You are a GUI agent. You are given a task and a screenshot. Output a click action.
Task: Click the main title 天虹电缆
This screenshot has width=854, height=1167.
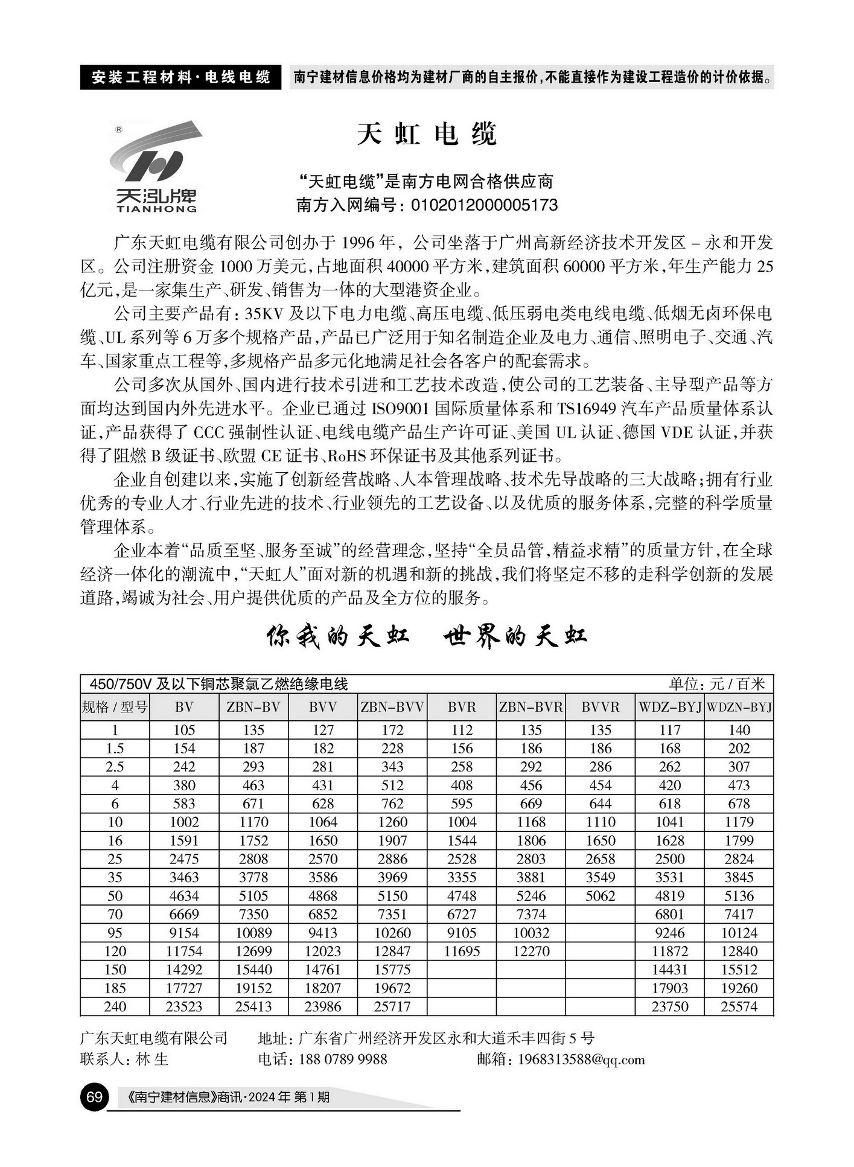tap(427, 134)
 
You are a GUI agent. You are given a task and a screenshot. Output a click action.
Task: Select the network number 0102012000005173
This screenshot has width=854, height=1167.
tap(484, 205)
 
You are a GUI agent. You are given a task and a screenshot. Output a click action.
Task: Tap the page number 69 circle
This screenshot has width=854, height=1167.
tap(94, 1096)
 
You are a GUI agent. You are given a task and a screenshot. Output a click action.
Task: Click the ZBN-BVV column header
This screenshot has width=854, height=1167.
tap(392, 707)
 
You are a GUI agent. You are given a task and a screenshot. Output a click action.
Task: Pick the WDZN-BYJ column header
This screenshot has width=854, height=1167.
tap(739, 707)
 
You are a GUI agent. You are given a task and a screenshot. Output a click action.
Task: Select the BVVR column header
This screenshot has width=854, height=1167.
tap(601, 707)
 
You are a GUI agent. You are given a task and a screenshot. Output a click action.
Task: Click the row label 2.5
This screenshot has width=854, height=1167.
tap(115, 767)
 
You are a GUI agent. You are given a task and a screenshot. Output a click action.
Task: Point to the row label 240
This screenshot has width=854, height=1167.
tap(115, 1006)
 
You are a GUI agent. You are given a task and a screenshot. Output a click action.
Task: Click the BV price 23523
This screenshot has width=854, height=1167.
tap(184, 1006)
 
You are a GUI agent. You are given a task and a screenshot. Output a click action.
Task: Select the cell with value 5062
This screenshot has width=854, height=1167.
tap(601, 896)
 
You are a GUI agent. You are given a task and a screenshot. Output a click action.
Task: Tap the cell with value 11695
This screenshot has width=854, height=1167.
tap(462, 951)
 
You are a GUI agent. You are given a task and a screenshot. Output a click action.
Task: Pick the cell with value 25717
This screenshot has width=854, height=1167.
tap(392, 1006)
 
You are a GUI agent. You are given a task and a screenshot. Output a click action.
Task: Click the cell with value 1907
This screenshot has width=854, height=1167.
tap(392, 840)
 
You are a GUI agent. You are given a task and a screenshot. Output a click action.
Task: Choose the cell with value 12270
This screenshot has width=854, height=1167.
tap(531, 951)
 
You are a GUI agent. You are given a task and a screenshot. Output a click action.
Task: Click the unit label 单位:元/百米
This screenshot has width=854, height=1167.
tap(716, 684)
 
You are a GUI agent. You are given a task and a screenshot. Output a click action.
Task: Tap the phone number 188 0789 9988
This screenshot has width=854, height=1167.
tap(342, 1060)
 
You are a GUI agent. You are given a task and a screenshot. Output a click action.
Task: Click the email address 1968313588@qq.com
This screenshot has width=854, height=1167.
tap(581, 1060)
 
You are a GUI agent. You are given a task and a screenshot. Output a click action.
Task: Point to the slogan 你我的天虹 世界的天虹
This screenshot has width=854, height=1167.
tap(427, 636)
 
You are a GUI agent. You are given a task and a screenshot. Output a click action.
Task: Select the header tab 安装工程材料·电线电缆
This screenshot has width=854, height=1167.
tap(180, 77)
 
